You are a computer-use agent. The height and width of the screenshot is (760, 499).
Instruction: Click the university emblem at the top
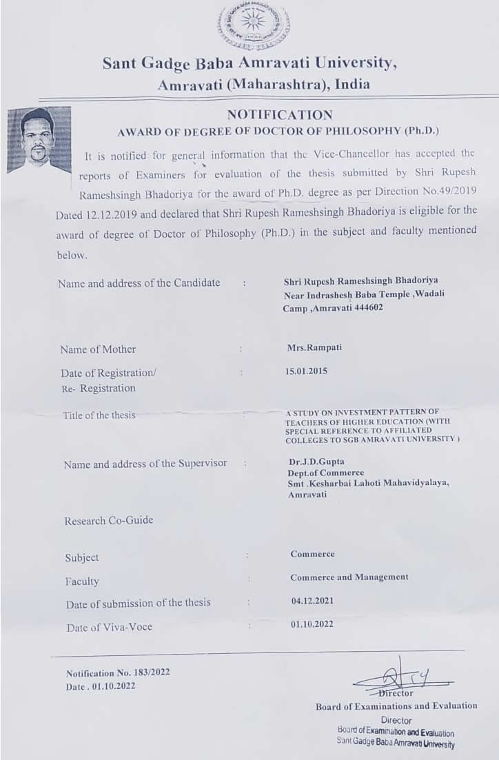click(x=254, y=27)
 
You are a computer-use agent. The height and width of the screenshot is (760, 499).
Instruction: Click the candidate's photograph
click(x=39, y=138)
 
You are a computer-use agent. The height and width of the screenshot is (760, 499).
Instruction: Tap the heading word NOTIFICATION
click(x=280, y=115)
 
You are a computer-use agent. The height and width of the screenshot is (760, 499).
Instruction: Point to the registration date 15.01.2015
click(x=307, y=371)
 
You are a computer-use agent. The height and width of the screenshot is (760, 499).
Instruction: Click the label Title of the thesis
click(x=99, y=415)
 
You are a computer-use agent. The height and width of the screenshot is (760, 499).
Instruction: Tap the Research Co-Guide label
click(x=109, y=521)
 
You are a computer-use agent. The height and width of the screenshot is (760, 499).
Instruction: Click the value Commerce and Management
click(x=349, y=577)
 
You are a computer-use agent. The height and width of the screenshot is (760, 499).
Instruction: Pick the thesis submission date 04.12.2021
click(x=312, y=601)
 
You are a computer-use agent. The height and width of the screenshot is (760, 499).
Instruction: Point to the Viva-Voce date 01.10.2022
click(x=312, y=624)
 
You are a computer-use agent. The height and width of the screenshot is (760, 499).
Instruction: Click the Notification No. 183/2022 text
click(x=118, y=673)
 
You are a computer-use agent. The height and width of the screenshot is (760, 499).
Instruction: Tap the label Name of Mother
click(x=98, y=349)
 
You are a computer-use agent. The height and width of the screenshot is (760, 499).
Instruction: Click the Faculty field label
click(x=82, y=582)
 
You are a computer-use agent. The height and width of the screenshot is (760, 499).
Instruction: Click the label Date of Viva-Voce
click(x=110, y=628)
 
